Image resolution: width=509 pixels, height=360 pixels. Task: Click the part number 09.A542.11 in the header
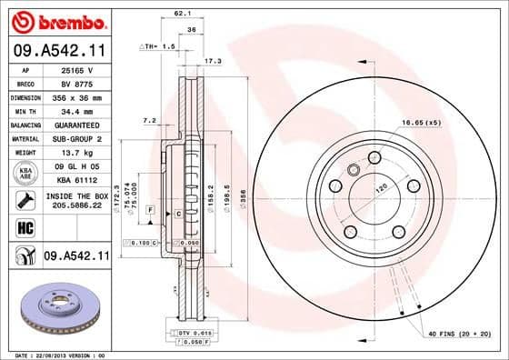(x=57, y=52)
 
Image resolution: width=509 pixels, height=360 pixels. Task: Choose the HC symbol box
(x=24, y=227)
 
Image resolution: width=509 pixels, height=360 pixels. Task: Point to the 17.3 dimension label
(x=213, y=61)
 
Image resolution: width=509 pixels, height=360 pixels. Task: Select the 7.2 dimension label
(x=150, y=119)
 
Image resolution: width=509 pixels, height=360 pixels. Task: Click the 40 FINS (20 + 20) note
(x=458, y=335)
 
